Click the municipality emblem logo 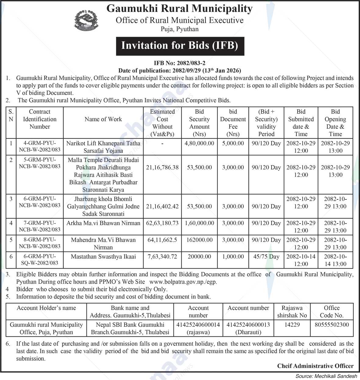pos(86,20)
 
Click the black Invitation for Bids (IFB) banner pos(180,45)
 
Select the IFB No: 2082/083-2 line pos(180,63)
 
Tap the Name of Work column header pos(103,119)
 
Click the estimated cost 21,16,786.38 pos(162,167)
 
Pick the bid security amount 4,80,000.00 pos(199,143)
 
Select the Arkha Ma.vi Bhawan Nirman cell pos(103,223)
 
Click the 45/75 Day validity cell pos(266,257)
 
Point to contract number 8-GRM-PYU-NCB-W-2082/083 pos(40,243)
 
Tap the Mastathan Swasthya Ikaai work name pos(103,257)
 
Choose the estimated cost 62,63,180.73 pos(162,223)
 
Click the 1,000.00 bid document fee pos(233,257)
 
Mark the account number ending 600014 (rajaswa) pos(198,328)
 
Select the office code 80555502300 pos(332,325)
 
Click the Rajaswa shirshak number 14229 pos(292,325)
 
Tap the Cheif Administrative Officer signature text pos(315,366)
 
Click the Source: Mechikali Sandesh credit pos(326,376)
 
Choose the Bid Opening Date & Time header pos(335,123)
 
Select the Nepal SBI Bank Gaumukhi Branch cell pos(130,328)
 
